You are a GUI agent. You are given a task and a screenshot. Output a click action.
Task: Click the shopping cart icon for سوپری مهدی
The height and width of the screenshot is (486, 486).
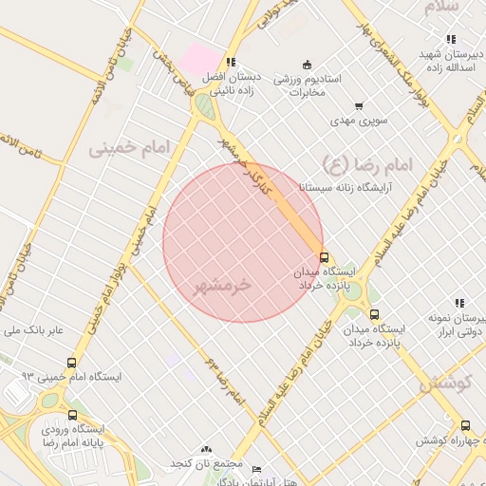click(358, 106)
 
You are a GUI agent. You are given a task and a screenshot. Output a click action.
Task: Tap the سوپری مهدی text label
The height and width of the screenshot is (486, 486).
click(354, 121)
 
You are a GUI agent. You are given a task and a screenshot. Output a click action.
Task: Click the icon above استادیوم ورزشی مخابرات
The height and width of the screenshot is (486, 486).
click(307, 64)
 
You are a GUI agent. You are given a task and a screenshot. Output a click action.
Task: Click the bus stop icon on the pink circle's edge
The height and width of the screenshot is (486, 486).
click(324, 257)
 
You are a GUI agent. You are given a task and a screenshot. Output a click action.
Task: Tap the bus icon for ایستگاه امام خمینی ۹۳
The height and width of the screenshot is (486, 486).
click(72, 363)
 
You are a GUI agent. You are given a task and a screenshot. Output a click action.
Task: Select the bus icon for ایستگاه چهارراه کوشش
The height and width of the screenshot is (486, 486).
click(464, 426)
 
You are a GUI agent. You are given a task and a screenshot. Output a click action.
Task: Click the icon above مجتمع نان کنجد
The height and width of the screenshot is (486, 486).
click(207, 448)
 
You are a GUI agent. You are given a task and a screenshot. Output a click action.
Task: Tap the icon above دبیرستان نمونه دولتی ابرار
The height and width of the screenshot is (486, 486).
click(459, 303)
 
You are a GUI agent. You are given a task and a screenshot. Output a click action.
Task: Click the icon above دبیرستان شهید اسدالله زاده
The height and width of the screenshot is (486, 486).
click(450, 39)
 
